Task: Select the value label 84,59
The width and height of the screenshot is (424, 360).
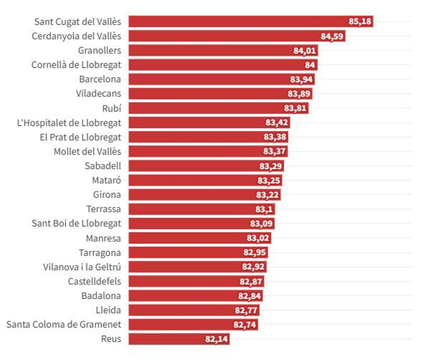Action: pyautogui.click(x=332, y=36)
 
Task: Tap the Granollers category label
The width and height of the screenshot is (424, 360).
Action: pyautogui.click(x=99, y=51)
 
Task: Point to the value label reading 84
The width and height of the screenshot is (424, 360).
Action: pyautogui.click(x=310, y=65)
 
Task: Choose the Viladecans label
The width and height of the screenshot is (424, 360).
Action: pyautogui.click(x=98, y=94)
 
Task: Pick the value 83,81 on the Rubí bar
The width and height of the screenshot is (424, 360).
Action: pyautogui.click(x=295, y=108)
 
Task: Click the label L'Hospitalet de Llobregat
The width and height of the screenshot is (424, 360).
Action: pyautogui.click(x=69, y=123)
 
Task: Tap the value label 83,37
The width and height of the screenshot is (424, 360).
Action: pyautogui.click(x=274, y=152)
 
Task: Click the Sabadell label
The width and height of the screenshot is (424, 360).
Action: pyautogui.click(x=102, y=166)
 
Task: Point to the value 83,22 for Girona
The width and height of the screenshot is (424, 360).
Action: pyautogui.click(x=267, y=195)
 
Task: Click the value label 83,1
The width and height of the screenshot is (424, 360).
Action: pyautogui.click(x=264, y=209)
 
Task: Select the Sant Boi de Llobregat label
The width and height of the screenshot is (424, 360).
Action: pyautogui.click(x=76, y=223)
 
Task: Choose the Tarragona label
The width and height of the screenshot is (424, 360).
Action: pyautogui.click(x=100, y=253)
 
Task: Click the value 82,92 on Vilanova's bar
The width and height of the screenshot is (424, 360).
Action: pyautogui.click(x=253, y=267)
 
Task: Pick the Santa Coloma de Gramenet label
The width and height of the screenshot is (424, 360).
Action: pyautogui.click(x=64, y=324)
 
